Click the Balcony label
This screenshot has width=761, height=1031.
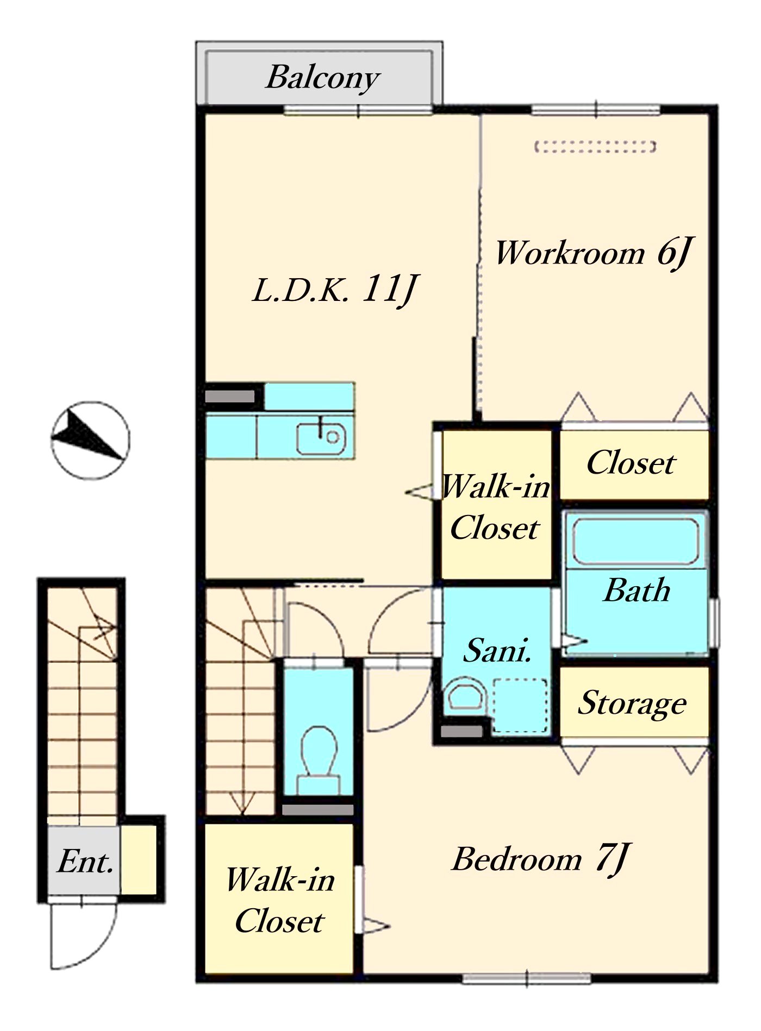(x=323, y=78)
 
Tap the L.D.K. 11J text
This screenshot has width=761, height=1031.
(x=335, y=290)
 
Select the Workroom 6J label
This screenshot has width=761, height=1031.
(x=593, y=253)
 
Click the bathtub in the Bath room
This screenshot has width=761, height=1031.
(x=635, y=541)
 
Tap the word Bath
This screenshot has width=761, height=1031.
(x=637, y=590)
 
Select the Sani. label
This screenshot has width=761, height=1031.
(x=497, y=650)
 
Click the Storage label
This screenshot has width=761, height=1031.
(x=632, y=704)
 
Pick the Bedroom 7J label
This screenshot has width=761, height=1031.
(x=541, y=859)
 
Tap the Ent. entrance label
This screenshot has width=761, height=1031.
(x=85, y=861)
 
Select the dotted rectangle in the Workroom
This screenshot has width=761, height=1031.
(x=595, y=147)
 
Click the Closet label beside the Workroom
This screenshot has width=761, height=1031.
(x=631, y=463)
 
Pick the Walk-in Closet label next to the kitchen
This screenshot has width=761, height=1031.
(x=496, y=507)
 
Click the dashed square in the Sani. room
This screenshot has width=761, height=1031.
(x=520, y=706)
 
